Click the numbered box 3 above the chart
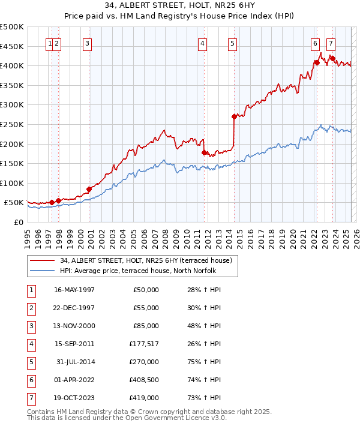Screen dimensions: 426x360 click(x=88, y=43)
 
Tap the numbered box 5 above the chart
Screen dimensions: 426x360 click(x=232, y=43)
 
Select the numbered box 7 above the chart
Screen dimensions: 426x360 click(x=331, y=43)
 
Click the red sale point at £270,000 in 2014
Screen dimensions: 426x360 click(x=234, y=116)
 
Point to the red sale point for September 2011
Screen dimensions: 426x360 click(x=204, y=152)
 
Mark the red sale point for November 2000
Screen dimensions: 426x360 click(x=89, y=189)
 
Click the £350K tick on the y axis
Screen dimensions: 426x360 click(x=12, y=85)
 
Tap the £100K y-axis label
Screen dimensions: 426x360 click(x=12, y=183)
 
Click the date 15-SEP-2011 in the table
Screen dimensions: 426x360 click(x=74, y=344)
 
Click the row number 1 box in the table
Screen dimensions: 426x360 click(x=31, y=290)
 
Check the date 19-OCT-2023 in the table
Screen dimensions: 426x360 click(x=74, y=398)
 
